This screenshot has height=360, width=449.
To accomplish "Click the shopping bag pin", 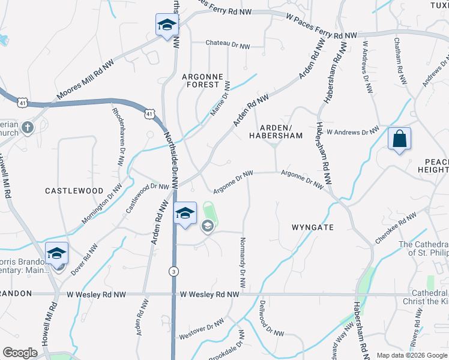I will [x=399, y=140].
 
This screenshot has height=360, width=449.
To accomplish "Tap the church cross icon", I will [x=27, y=127].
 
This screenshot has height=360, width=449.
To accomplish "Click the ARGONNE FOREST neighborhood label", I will [x=202, y=80].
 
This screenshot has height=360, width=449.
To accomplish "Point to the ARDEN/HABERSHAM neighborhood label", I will [x=276, y=131].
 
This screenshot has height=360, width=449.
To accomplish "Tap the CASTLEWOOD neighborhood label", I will [x=74, y=190].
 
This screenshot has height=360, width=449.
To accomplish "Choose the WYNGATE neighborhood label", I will [x=312, y=227].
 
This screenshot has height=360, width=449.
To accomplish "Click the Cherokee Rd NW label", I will [x=396, y=227].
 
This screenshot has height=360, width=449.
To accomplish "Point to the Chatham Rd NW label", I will [x=399, y=56].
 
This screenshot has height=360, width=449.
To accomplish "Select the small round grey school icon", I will [x=208, y=226].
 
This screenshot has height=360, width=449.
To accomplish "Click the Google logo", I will [x=20, y=353].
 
